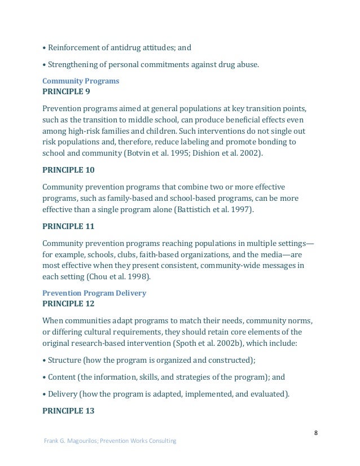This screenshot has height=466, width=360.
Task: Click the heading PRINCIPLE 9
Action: click(x=66, y=91)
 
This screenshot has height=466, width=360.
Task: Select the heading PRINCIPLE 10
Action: click(x=68, y=169)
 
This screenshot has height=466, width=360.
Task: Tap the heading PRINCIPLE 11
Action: click(x=68, y=227)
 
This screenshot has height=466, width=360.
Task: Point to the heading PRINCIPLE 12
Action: click(x=68, y=304)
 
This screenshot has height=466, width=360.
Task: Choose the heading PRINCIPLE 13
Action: click(x=68, y=410)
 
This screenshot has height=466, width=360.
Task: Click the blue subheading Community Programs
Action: click(x=81, y=81)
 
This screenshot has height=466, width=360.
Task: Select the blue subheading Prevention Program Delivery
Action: click(x=94, y=293)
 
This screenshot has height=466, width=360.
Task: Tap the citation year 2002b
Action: click(x=246, y=342)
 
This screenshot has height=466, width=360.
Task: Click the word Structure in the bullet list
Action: click(x=65, y=360)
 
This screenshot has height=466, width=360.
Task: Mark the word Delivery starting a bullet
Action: click(x=64, y=395)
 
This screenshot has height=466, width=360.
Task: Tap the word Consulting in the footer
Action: click(x=163, y=441)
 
